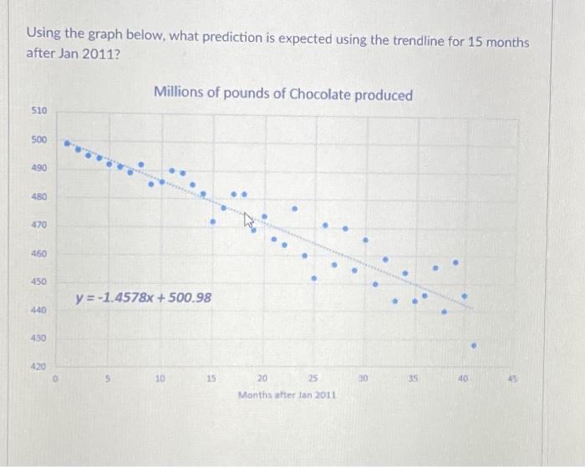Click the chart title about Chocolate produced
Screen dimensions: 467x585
[x=283, y=94]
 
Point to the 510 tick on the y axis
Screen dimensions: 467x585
[x=39, y=110]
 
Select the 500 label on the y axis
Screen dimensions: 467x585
[x=39, y=140]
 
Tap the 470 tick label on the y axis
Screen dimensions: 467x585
[x=39, y=225]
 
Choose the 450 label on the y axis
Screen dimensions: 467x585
[x=39, y=282]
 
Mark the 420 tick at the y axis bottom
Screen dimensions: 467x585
[x=39, y=366]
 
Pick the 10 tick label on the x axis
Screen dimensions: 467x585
[x=160, y=378]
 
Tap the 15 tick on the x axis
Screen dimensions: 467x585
[x=211, y=378]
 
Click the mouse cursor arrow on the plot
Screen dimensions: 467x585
[x=248, y=221]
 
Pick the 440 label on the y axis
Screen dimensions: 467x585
[x=39, y=310]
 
